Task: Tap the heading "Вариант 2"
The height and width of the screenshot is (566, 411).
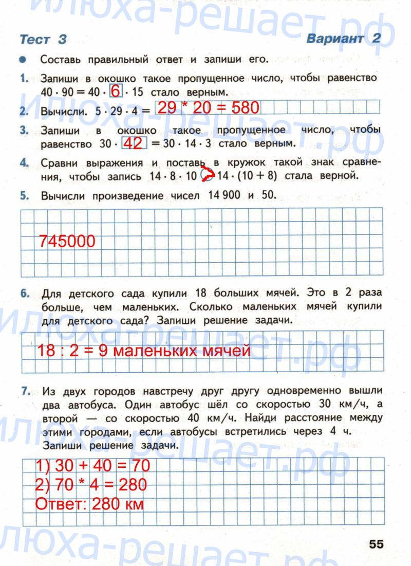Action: [345, 39]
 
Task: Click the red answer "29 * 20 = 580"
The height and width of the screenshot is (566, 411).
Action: [209, 108]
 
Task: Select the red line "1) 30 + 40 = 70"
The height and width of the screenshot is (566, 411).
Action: [92, 466]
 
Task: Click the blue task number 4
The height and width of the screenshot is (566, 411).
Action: [24, 163]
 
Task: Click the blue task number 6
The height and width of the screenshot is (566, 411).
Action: [24, 294]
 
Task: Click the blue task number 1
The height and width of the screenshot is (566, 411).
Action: [24, 78]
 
